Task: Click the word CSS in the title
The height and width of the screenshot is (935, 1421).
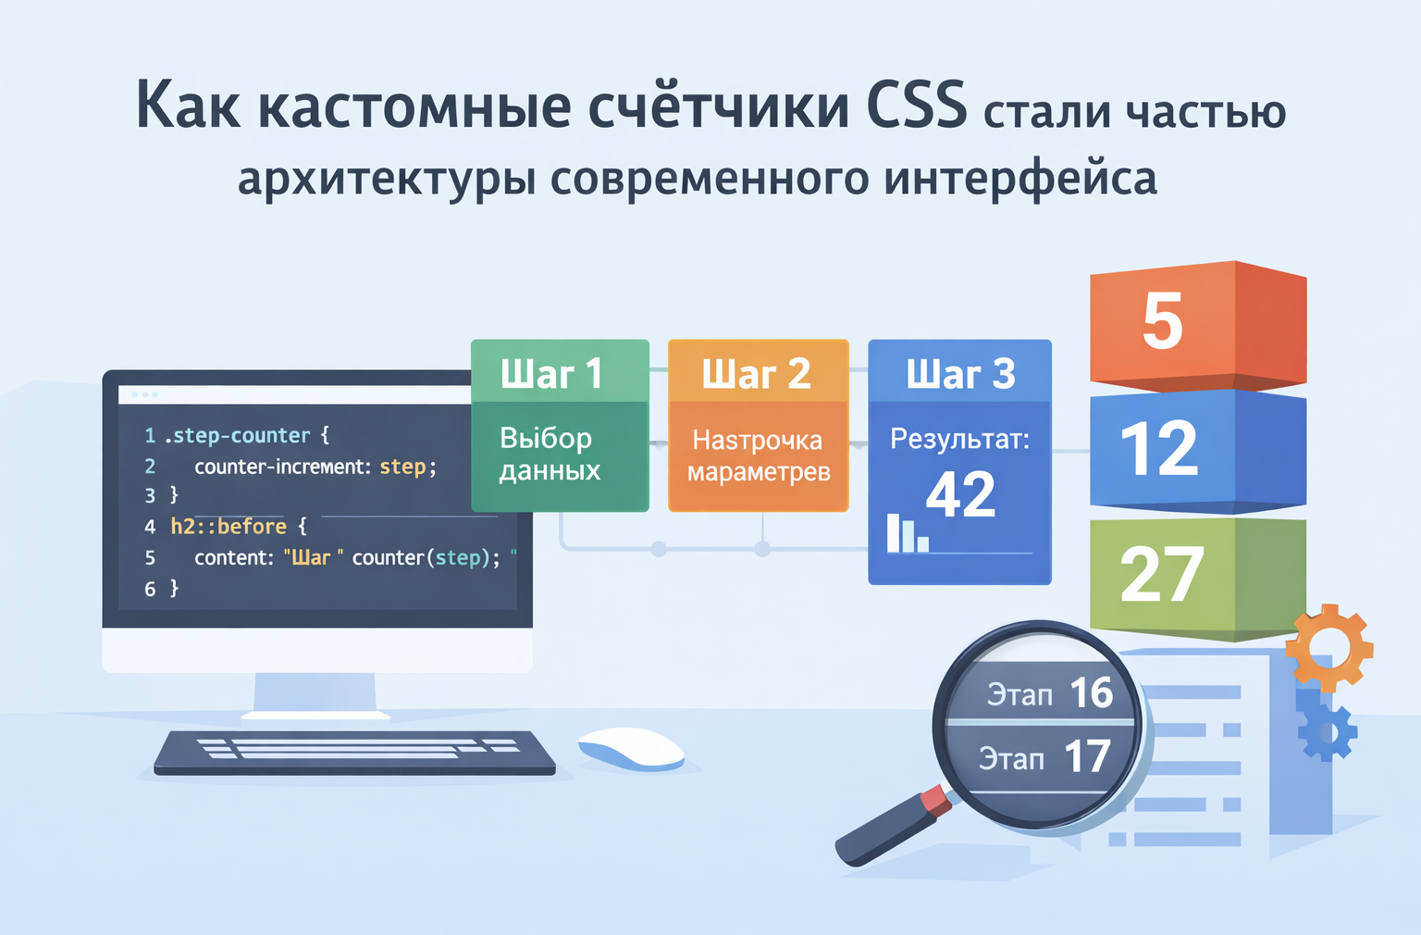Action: click(x=917, y=105)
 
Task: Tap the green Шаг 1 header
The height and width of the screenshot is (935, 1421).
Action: click(x=560, y=373)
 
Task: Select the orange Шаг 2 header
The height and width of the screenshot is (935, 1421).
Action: click(x=758, y=373)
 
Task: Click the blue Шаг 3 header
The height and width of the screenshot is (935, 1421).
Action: click(x=959, y=373)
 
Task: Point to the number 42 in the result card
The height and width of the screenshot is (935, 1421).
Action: click(x=960, y=494)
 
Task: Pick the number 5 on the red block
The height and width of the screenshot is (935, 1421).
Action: click(x=1162, y=321)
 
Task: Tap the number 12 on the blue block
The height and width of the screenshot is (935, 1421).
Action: click(x=1159, y=448)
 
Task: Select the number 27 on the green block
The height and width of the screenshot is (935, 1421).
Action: click(x=1162, y=575)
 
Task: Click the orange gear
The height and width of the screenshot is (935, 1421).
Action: click(x=1328, y=647)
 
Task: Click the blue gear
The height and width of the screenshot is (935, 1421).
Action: click(x=1328, y=730)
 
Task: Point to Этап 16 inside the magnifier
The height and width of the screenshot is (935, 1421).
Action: click(x=1049, y=693)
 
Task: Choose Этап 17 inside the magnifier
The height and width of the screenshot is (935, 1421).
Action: click(x=1044, y=757)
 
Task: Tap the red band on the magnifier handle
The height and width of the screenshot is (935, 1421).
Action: click(x=935, y=800)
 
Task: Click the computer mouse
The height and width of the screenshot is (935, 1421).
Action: click(x=631, y=748)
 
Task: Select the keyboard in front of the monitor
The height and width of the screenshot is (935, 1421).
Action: click(x=354, y=752)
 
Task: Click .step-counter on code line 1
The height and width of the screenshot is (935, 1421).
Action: click(x=238, y=435)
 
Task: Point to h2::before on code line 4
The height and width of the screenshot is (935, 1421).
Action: click(x=229, y=527)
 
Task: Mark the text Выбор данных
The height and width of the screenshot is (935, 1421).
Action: click(x=550, y=454)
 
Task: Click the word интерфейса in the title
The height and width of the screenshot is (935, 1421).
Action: click(x=1019, y=178)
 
